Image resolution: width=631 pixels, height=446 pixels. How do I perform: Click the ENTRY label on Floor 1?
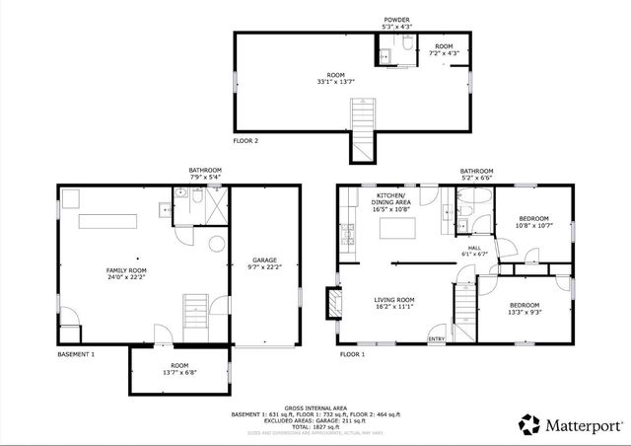[x=436, y=340]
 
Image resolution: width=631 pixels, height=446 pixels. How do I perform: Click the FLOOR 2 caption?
[x=245, y=141]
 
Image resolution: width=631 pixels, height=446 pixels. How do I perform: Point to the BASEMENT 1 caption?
[x=76, y=353]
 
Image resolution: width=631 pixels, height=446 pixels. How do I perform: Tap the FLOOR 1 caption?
[x=352, y=353]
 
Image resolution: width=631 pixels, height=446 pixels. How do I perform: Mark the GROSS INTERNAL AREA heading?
[x=315, y=407]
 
